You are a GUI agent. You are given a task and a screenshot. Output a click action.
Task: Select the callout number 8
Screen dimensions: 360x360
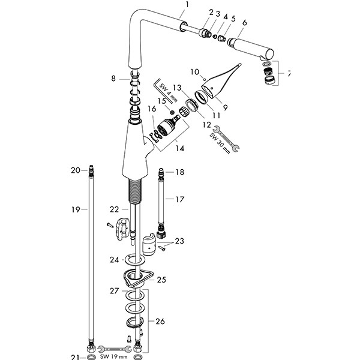[x=113, y=77]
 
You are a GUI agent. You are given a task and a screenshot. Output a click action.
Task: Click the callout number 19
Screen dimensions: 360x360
[x=75, y=209]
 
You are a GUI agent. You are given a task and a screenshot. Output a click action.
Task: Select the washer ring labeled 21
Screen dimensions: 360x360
[x=91, y=357]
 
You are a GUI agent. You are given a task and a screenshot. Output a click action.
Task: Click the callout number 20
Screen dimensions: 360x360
[x=75, y=170]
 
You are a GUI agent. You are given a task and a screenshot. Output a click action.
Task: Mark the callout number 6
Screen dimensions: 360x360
[x=244, y=22]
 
